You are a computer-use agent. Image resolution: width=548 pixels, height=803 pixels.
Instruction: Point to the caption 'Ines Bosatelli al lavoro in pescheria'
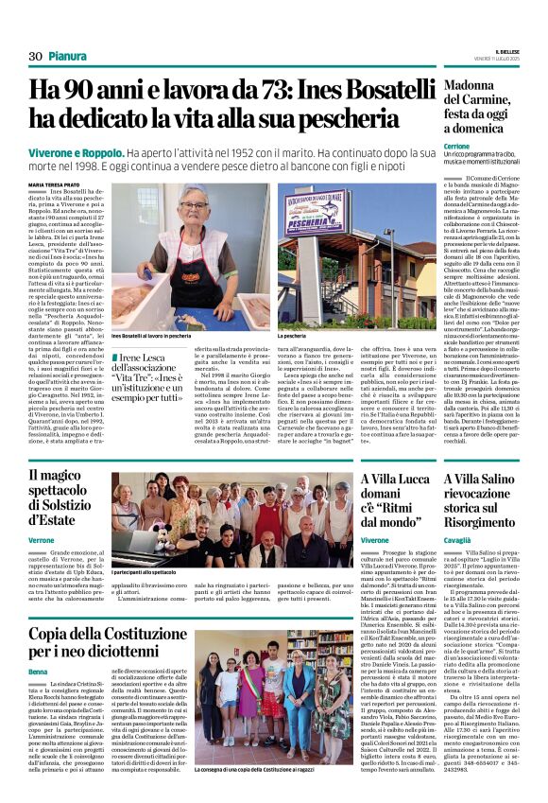156,337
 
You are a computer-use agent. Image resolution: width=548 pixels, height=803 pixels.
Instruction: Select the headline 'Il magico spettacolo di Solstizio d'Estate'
65,498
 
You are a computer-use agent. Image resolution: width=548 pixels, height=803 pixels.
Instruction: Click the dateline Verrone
42,539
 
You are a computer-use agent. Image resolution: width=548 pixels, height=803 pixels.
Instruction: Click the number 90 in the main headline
86,92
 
